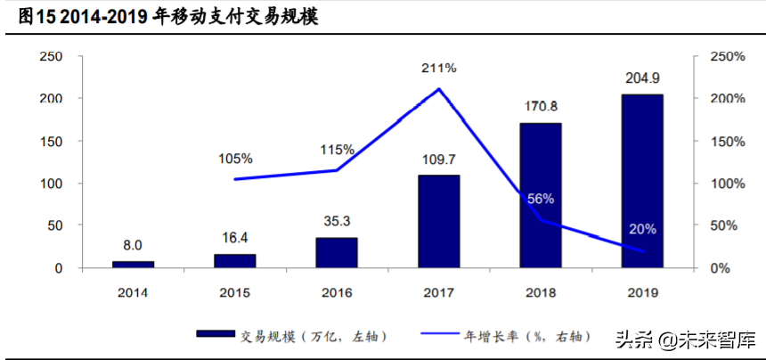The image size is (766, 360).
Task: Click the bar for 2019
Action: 642,181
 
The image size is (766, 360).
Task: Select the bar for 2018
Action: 541,195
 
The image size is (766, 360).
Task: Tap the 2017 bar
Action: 439,221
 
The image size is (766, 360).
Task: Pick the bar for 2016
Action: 337,252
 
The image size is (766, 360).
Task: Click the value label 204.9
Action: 642,78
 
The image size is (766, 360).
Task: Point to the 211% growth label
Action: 439,68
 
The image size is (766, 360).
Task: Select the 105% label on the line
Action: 235,159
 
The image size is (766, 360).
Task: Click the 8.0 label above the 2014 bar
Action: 134,245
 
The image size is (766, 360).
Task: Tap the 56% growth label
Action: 541,198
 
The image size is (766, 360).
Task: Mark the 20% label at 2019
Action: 642,229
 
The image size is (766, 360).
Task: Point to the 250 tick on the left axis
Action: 52,56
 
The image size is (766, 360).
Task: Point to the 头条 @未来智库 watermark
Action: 684,339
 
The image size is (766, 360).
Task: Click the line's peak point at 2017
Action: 439,89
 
